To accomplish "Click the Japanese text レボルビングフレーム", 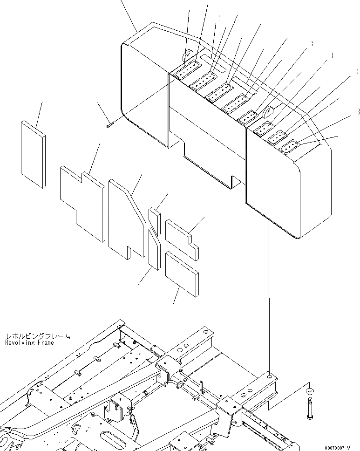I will (x=38, y=335).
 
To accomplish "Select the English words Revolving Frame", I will (x=29, y=342).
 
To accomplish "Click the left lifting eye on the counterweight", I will (x=188, y=56).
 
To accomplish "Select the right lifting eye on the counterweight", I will (x=269, y=112).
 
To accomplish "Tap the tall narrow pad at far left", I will (x=33, y=154).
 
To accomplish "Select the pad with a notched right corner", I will (x=182, y=239).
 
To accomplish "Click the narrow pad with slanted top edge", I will (x=154, y=249).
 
